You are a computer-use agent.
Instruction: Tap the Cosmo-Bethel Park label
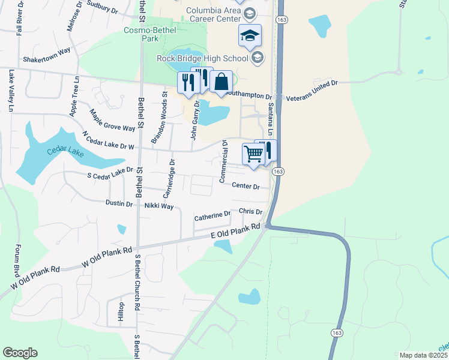(x=140, y=34)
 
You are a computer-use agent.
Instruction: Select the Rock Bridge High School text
(x=202, y=58)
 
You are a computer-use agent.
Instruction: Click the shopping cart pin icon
(x=253, y=154)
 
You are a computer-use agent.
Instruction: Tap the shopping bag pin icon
(x=221, y=81)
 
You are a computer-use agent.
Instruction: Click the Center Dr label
(x=246, y=187)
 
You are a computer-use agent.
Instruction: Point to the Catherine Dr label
(x=212, y=215)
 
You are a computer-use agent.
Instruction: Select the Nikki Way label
(x=158, y=206)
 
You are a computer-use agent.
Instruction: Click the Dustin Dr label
(x=119, y=204)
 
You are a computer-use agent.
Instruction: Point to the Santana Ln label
(x=271, y=117)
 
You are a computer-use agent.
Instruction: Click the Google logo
(x=20, y=353)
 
